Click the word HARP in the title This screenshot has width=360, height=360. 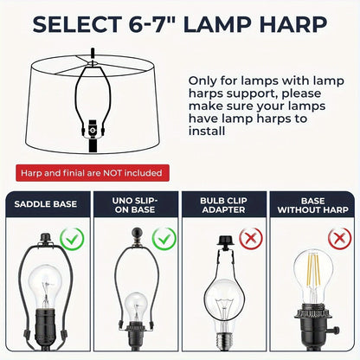[292, 24]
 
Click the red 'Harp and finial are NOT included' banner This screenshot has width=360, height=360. [93, 173]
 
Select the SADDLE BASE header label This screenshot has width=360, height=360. [46, 204]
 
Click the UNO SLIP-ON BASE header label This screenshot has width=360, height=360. [135, 205]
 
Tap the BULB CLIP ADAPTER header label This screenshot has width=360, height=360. [223, 205]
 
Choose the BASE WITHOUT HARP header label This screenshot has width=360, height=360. [313, 205]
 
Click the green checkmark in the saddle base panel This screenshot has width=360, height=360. [72, 239]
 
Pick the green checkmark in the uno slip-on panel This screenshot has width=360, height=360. [164, 239]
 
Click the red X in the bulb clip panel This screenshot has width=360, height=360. [251, 238]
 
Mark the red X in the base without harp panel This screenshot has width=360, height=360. [340, 238]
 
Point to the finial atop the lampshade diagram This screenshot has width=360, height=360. [93, 54]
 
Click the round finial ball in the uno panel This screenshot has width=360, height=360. [136, 233]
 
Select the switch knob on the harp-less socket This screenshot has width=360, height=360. [336, 329]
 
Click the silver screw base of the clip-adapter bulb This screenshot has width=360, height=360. [224, 340]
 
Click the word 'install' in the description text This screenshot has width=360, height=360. [207, 132]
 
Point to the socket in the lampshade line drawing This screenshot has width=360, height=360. [93, 135]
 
